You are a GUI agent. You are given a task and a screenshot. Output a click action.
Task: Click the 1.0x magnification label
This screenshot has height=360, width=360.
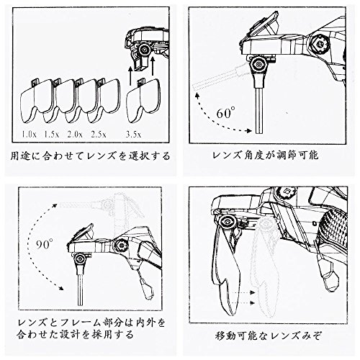[29, 134]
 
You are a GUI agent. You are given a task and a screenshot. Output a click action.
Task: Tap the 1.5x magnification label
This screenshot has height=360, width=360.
[51, 134]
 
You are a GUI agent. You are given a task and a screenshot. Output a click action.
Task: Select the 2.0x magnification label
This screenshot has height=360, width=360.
[75, 134]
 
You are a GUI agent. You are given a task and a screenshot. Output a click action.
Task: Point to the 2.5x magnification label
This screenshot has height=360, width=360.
[99, 134]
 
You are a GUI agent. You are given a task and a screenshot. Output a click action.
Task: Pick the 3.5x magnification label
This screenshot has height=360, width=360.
[134, 134]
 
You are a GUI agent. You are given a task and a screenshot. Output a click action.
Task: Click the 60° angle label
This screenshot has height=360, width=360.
[225, 113]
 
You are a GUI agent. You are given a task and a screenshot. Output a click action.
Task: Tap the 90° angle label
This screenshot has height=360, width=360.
[45, 243]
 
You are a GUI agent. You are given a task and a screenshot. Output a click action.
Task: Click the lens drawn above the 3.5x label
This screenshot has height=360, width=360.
[143, 101]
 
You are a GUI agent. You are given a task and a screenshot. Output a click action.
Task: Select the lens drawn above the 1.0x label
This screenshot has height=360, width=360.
[36, 101]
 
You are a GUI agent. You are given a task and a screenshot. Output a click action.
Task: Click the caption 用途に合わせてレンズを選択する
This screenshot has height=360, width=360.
[90, 156]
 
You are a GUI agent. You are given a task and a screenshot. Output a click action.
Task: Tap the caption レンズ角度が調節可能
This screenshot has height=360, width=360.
[266, 156]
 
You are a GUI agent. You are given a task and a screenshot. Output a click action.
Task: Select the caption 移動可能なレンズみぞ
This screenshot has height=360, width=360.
[268, 336]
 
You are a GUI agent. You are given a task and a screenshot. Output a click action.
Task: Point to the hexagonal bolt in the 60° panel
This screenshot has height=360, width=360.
[320, 44]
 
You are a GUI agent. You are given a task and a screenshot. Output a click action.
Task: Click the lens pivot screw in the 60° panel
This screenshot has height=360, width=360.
[258, 64]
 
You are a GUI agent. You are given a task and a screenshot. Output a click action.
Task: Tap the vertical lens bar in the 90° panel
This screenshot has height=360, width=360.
[81, 289]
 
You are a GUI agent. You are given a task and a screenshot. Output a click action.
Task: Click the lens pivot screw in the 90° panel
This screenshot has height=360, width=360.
[79, 259]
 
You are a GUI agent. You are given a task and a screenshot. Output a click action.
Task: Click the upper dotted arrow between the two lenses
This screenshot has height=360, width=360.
[243, 292]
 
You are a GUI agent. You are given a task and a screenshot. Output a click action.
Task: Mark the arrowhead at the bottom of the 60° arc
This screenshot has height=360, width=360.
[249, 131]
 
